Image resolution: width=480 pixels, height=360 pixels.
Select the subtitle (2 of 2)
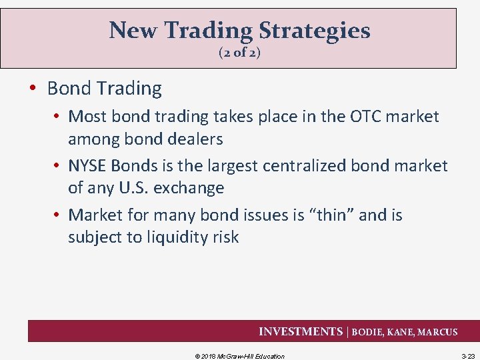coord(239,52)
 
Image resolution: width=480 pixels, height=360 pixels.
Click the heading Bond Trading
coord(105,88)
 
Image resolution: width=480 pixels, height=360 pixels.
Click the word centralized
coord(297,165)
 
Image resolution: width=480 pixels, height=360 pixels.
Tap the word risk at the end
coord(223,237)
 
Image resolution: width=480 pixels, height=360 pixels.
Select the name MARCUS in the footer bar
coord(437,332)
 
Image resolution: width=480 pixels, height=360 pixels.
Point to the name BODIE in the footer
coord(369,332)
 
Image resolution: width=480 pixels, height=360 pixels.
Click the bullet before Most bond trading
coord(58,117)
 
